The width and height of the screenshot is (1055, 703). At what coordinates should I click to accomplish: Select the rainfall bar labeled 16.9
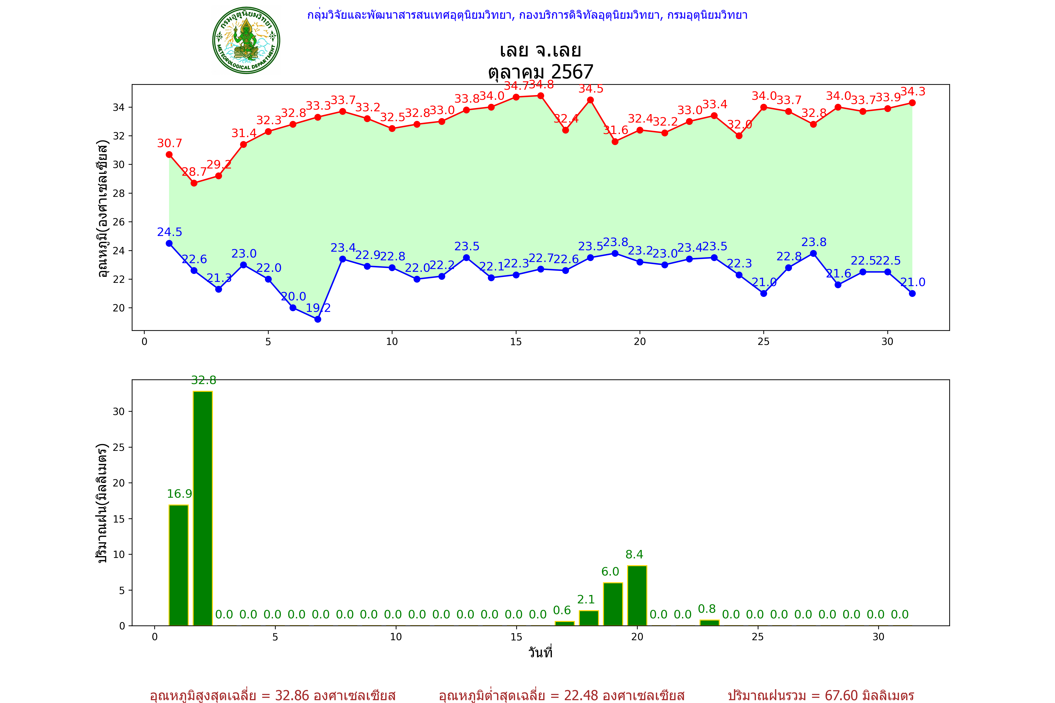coord(178,565)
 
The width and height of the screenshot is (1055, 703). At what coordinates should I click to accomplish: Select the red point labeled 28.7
coord(194,183)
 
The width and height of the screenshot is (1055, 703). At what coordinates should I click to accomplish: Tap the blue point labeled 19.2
coord(318,319)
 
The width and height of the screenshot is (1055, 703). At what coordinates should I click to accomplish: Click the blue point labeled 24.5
coord(169,243)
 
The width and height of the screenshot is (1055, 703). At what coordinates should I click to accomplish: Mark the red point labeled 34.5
coord(590,100)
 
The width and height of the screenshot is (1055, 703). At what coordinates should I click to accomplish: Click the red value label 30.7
coord(170,143)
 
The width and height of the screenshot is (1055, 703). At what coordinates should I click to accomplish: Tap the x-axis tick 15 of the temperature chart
coord(516,342)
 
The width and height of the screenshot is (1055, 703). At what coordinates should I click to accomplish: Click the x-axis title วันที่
coord(540,652)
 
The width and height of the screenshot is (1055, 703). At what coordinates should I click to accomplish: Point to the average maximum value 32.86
coord(292,695)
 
